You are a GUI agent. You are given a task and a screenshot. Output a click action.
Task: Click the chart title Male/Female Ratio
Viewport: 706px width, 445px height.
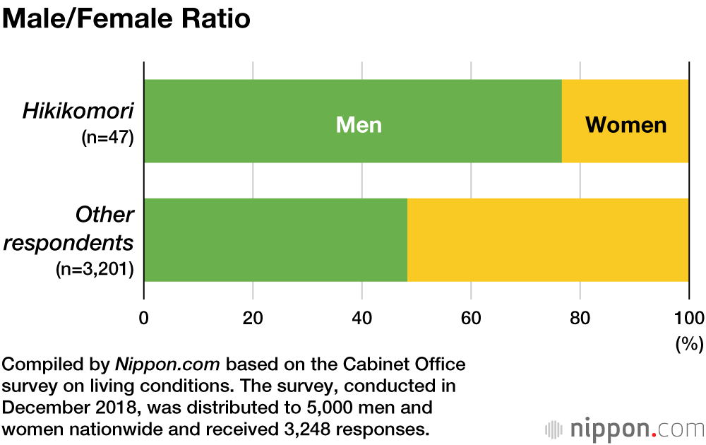[x=127, y=19]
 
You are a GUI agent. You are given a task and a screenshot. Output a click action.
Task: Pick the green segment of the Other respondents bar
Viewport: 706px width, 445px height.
[x=275, y=240]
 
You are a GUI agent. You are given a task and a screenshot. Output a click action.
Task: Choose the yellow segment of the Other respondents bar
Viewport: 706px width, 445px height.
[x=548, y=240]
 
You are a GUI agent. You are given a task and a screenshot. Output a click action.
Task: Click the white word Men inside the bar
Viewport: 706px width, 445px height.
[x=359, y=125]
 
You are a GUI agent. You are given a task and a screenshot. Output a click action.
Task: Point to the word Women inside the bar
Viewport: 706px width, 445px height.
[x=626, y=125]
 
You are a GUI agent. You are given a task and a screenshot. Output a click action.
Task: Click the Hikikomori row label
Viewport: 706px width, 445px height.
[x=78, y=111]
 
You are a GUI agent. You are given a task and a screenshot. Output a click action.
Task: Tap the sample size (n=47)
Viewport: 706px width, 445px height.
[x=107, y=136]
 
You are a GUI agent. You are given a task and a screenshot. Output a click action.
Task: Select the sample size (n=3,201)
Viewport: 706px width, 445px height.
[x=95, y=269]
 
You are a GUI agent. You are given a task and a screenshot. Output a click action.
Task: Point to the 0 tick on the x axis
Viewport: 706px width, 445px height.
[x=144, y=316]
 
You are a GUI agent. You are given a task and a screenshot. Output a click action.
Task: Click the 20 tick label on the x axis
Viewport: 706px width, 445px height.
[x=253, y=316]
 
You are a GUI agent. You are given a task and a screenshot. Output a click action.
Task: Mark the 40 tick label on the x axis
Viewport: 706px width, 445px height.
[x=361, y=316]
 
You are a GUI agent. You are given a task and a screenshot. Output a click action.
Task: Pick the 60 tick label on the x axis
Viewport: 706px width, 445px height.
[x=471, y=316]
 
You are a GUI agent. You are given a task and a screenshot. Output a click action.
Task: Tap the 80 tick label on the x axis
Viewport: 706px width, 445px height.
[x=580, y=316]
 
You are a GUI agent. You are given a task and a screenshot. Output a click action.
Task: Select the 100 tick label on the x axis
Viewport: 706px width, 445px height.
[x=688, y=316]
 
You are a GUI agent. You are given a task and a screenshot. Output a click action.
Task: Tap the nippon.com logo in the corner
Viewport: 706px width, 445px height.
[x=625, y=428]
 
